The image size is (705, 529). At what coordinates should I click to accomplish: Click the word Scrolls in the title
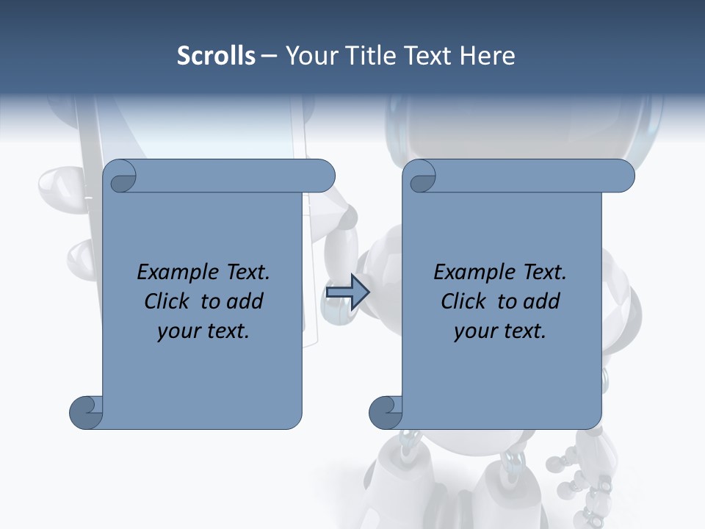tap(217, 56)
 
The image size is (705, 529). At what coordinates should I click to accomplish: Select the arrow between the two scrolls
tap(347, 292)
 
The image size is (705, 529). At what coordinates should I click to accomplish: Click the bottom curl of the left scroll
tap(87, 411)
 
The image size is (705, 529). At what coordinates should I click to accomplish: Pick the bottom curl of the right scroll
tap(386, 411)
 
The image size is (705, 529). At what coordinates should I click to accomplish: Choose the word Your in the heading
tap(306, 56)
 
